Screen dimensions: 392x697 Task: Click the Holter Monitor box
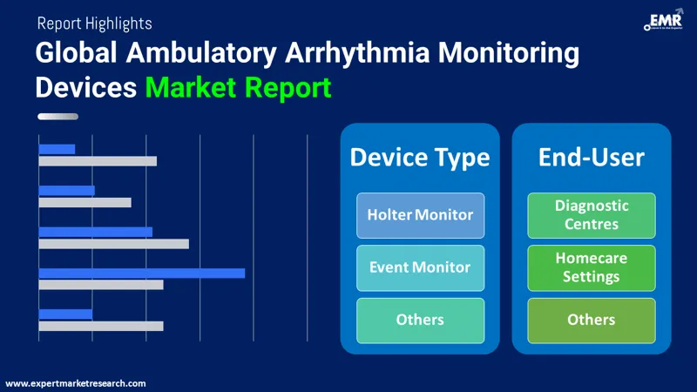click(420, 215)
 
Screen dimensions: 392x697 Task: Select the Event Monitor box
click(420, 267)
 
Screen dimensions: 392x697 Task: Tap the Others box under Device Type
click(420, 320)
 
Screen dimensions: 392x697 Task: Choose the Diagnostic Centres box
click(592, 215)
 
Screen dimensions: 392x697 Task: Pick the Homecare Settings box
click(592, 267)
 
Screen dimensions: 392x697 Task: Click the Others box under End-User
click(592, 320)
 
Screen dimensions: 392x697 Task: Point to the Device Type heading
click(420, 157)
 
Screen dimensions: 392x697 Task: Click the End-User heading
click(592, 157)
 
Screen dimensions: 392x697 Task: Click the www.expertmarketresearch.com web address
click(76, 383)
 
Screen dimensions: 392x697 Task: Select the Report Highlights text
click(94, 24)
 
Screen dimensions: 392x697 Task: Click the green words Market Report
click(238, 87)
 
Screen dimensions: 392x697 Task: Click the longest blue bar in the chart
click(142, 273)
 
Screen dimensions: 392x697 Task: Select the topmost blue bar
click(57, 149)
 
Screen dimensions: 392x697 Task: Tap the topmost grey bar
click(98, 161)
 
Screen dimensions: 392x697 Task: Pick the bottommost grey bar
click(101, 326)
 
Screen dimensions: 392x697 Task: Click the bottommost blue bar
click(65, 314)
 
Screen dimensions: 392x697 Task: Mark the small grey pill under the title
click(58, 117)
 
